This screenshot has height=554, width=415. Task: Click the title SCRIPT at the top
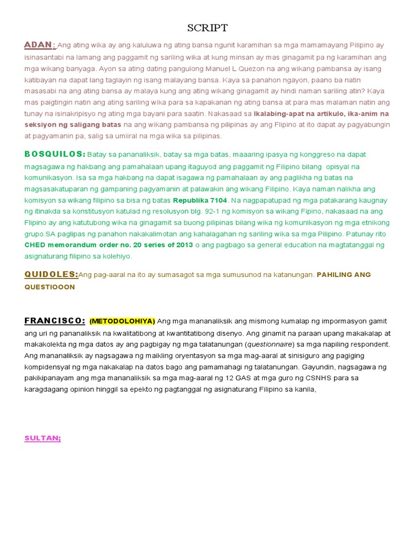(x=207, y=28)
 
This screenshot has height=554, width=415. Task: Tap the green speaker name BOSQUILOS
(x=54, y=154)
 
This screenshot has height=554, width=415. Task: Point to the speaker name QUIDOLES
(x=50, y=274)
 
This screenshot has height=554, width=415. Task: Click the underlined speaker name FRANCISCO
(x=54, y=321)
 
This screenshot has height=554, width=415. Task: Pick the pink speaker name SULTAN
(x=43, y=438)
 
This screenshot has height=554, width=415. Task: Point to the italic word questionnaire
(x=270, y=345)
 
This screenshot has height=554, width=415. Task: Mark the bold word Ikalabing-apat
(x=280, y=114)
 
